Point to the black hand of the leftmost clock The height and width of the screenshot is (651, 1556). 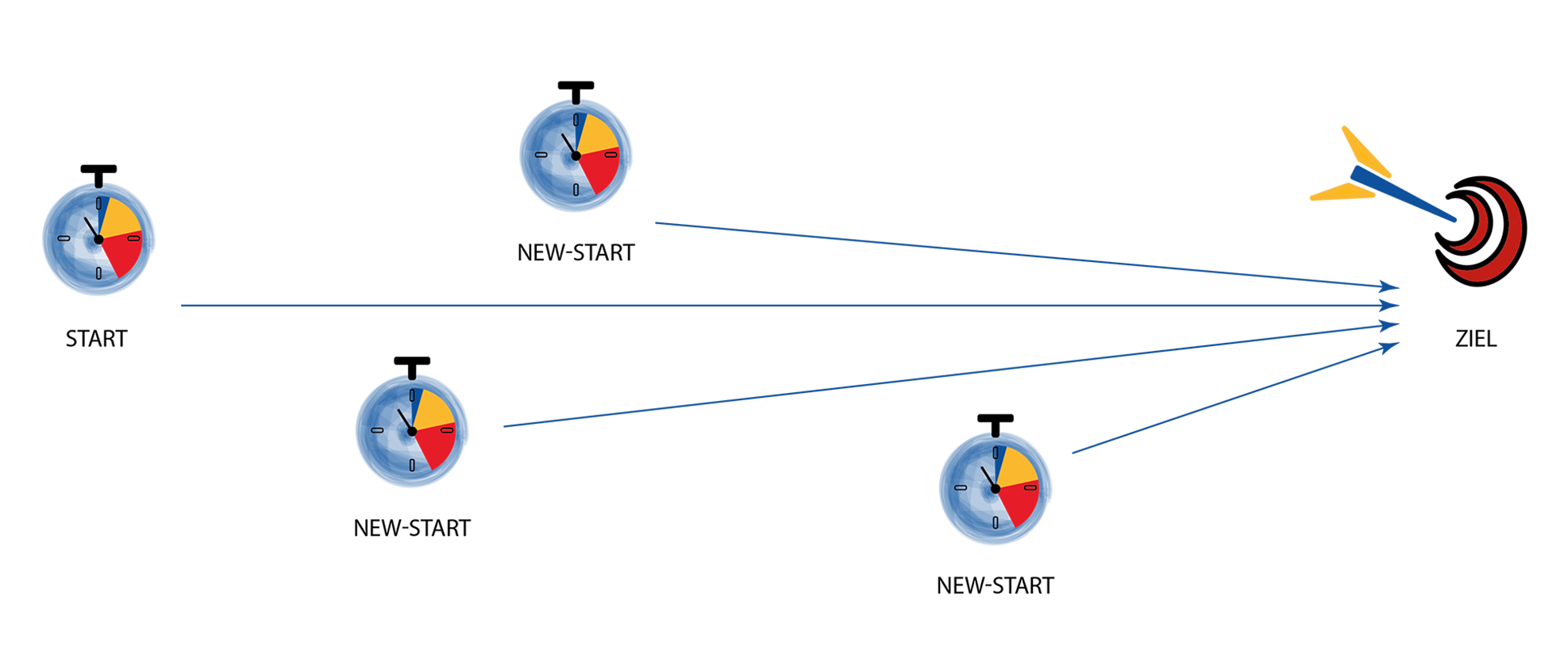coord(91,229)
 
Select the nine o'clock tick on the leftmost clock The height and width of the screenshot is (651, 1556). coord(64,238)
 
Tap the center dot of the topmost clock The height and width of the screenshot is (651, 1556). coord(576,156)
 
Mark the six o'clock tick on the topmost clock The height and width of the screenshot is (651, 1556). coord(576,190)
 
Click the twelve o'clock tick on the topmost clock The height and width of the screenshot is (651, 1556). coord(576,121)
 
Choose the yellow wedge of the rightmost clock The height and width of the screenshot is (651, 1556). coord(1017,468)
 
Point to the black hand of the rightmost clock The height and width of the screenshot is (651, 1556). coord(988,478)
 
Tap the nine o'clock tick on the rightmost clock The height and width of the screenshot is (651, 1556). coord(961,487)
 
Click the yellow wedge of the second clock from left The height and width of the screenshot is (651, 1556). coord(433,410)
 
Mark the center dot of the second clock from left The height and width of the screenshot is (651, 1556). coord(412,431)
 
